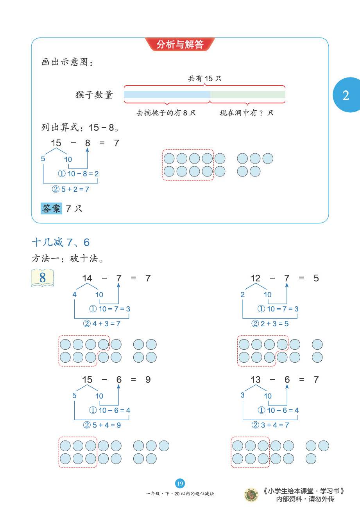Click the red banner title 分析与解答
coord(180,44)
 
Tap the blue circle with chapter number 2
coord(346,95)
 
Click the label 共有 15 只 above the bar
coord(204,78)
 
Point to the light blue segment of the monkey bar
coord(167,95)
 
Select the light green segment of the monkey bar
coord(247,95)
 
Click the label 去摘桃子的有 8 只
coord(166,113)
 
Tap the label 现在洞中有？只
coord(247,113)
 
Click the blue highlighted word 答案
coord(51,209)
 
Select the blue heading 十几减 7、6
coord(61,243)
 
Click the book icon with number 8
coord(42,278)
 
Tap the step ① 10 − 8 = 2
coord(78,173)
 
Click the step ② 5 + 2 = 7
coord(71,189)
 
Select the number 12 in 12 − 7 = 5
coord(255,278)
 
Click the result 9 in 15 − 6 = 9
coord(148,379)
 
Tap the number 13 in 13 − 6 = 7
coord(255,379)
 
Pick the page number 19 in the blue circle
coord(180,484)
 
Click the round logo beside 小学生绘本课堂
coord(251,494)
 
